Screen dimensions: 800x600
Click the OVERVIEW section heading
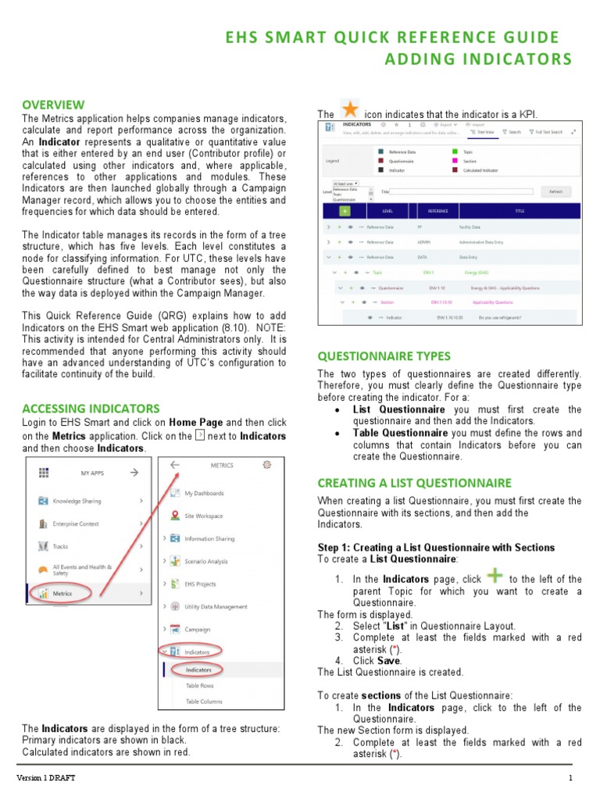point(53,105)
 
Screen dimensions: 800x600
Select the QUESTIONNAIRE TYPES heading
point(384,355)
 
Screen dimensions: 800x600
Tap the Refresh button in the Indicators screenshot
point(555,191)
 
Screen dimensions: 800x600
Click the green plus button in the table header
point(345,211)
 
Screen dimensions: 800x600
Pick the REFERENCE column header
point(438,211)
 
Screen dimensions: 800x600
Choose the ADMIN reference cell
point(424,241)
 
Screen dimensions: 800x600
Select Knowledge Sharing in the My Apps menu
point(77,501)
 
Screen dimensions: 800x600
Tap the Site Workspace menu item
point(203,516)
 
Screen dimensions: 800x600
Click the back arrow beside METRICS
point(174,464)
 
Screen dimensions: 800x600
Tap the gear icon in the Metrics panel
point(268,464)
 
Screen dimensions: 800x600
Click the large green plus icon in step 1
point(495,577)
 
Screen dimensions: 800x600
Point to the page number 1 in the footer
point(570,778)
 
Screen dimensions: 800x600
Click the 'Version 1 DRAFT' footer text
point(48,778)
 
